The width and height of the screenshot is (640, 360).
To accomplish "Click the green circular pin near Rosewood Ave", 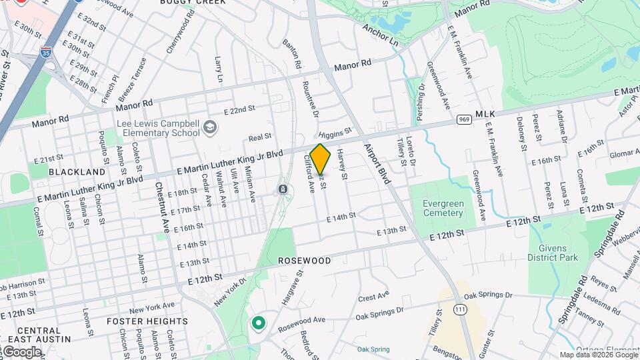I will [x=258, y=323].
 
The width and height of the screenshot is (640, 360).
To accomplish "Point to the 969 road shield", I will [x=465, y=119].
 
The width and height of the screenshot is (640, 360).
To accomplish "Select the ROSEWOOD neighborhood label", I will [x=304, y=261].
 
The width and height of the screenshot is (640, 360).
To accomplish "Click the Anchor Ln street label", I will [x=380, y=35].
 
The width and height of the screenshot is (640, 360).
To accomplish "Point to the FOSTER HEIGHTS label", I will [x=147, y=321].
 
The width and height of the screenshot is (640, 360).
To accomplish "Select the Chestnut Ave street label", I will [x=162, y=207].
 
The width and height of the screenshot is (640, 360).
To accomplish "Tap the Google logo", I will [x=21, y=351].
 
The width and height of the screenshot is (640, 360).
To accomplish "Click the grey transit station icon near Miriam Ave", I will [x=283, y=190].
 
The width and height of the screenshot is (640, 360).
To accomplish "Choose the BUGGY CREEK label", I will [x=193, y=2].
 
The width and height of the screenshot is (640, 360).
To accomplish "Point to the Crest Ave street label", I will [x=373, y=295].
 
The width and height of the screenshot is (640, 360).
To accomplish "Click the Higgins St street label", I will [x=335, y=135].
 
